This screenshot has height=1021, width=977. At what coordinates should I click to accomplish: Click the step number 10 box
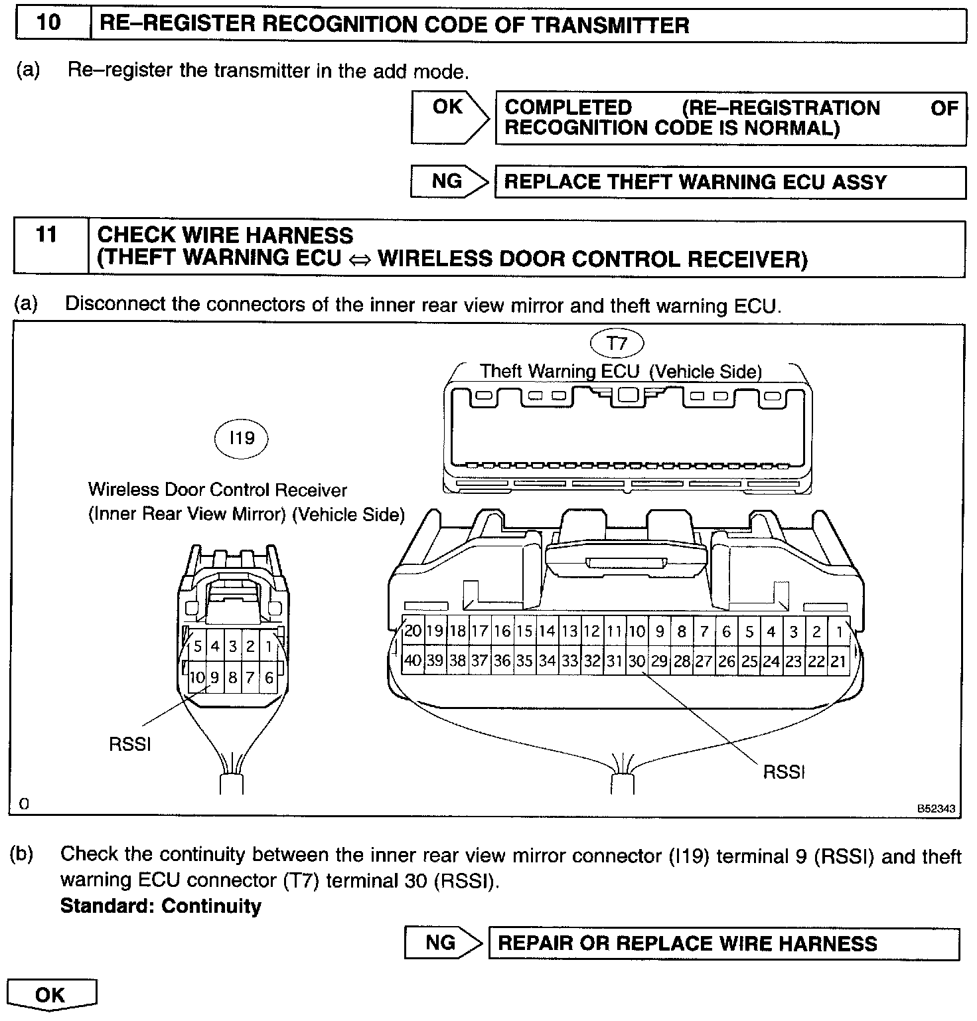click(50, 24)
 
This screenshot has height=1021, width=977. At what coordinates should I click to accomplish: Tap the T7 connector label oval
click(617, 343)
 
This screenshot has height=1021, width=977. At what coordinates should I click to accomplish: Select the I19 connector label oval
click(241, 438)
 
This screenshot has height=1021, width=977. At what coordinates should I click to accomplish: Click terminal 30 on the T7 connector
click(637, 661)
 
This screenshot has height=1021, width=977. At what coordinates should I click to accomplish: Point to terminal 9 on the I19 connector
click(215, 677)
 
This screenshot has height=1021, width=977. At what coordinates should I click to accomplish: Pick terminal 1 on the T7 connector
click(840, 632)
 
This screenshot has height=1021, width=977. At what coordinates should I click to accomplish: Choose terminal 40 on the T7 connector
click(412, 661)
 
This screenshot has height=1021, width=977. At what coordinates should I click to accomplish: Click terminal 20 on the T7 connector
click(413, 631)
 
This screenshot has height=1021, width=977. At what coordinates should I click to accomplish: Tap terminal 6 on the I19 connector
click(269, 677)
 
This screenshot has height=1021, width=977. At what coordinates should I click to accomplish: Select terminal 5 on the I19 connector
click(198, 646)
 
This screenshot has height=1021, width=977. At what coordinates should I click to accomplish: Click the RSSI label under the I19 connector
click(130, 744)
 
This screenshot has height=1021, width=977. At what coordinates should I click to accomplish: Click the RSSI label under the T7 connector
click(784, 772)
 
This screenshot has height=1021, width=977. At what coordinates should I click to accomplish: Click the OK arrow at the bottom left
click(52, 994)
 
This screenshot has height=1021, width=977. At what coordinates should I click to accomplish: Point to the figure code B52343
click(937, 809)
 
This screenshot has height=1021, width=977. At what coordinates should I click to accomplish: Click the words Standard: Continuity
click(161, 906)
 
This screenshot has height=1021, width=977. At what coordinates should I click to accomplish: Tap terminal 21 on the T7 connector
click(838, 661)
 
